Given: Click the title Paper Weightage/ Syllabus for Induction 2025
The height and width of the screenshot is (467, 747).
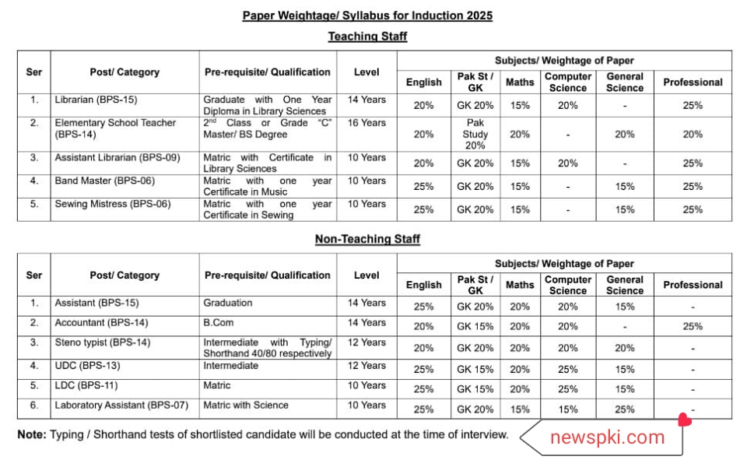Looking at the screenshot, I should pyautogui.click(x=367, y=16).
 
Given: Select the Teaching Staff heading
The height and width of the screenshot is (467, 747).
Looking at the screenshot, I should pyautogui.click(x=367, y=37).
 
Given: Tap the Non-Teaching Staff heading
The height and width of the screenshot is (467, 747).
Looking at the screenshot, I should pyautogui.click(x=367, y=240).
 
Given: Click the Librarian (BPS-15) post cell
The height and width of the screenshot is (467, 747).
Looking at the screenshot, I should pyautogui.click(x=96, y=100).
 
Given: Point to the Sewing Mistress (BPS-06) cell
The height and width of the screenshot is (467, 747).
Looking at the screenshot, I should pyautogui.click(x=113, y=205).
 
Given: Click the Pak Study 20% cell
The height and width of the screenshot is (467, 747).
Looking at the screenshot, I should pyautogui.click(x=475, y=134).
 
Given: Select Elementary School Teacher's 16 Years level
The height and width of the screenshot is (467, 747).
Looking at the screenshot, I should pyautogui.click(x=366, y=123).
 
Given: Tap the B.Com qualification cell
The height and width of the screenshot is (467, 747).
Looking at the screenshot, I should pyautogui.click(x=219, y=323).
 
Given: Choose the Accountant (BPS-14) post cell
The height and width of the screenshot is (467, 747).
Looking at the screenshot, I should pyautogui.click(x=101, y=323).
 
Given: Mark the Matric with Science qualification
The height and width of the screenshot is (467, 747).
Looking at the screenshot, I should pyautogui.click(x=246, y=406).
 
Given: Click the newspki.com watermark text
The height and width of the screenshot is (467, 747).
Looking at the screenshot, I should pyautogui.click(x=607, y=437).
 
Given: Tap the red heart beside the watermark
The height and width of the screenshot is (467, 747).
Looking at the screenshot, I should pyautogui.click(x=685, y=420).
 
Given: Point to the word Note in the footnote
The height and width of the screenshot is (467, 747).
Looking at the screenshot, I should pyautogui.click(x=31, y=434).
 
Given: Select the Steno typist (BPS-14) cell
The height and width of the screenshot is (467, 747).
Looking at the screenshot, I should pyautogui.click(x=103, y=342).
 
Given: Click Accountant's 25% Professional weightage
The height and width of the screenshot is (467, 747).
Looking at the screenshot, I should pyautogui.click(x=693, y=327).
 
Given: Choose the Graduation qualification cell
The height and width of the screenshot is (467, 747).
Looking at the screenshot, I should pyautogui.click(x=228, y=303).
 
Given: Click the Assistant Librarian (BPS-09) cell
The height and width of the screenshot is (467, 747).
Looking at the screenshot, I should pyautogui.click(x=117, y=158).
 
